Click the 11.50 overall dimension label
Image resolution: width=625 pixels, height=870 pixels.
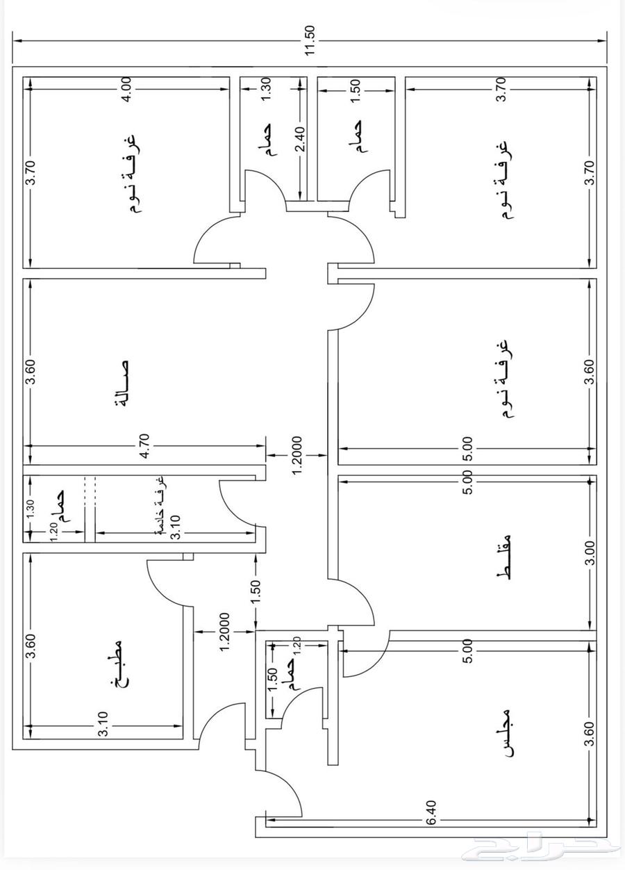311,41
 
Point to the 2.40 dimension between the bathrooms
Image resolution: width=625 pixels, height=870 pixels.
301,139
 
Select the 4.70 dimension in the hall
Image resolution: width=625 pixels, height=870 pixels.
144,446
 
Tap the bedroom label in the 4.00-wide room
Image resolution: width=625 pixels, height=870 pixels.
131,173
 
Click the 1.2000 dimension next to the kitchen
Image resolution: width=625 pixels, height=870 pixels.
225,632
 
